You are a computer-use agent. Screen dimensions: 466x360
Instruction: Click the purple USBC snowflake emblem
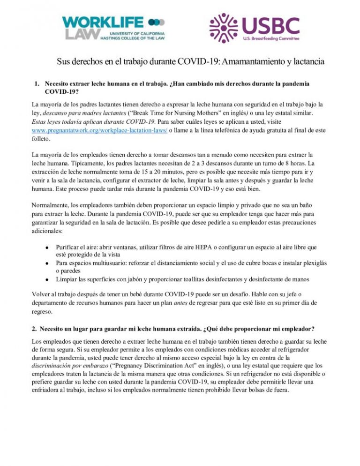[x=223, y=28]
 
